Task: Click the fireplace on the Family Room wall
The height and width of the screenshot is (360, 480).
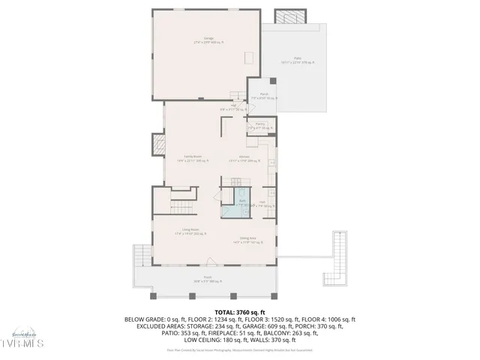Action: [158, 144]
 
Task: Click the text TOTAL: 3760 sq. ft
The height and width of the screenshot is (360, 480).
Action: [240, 311]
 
